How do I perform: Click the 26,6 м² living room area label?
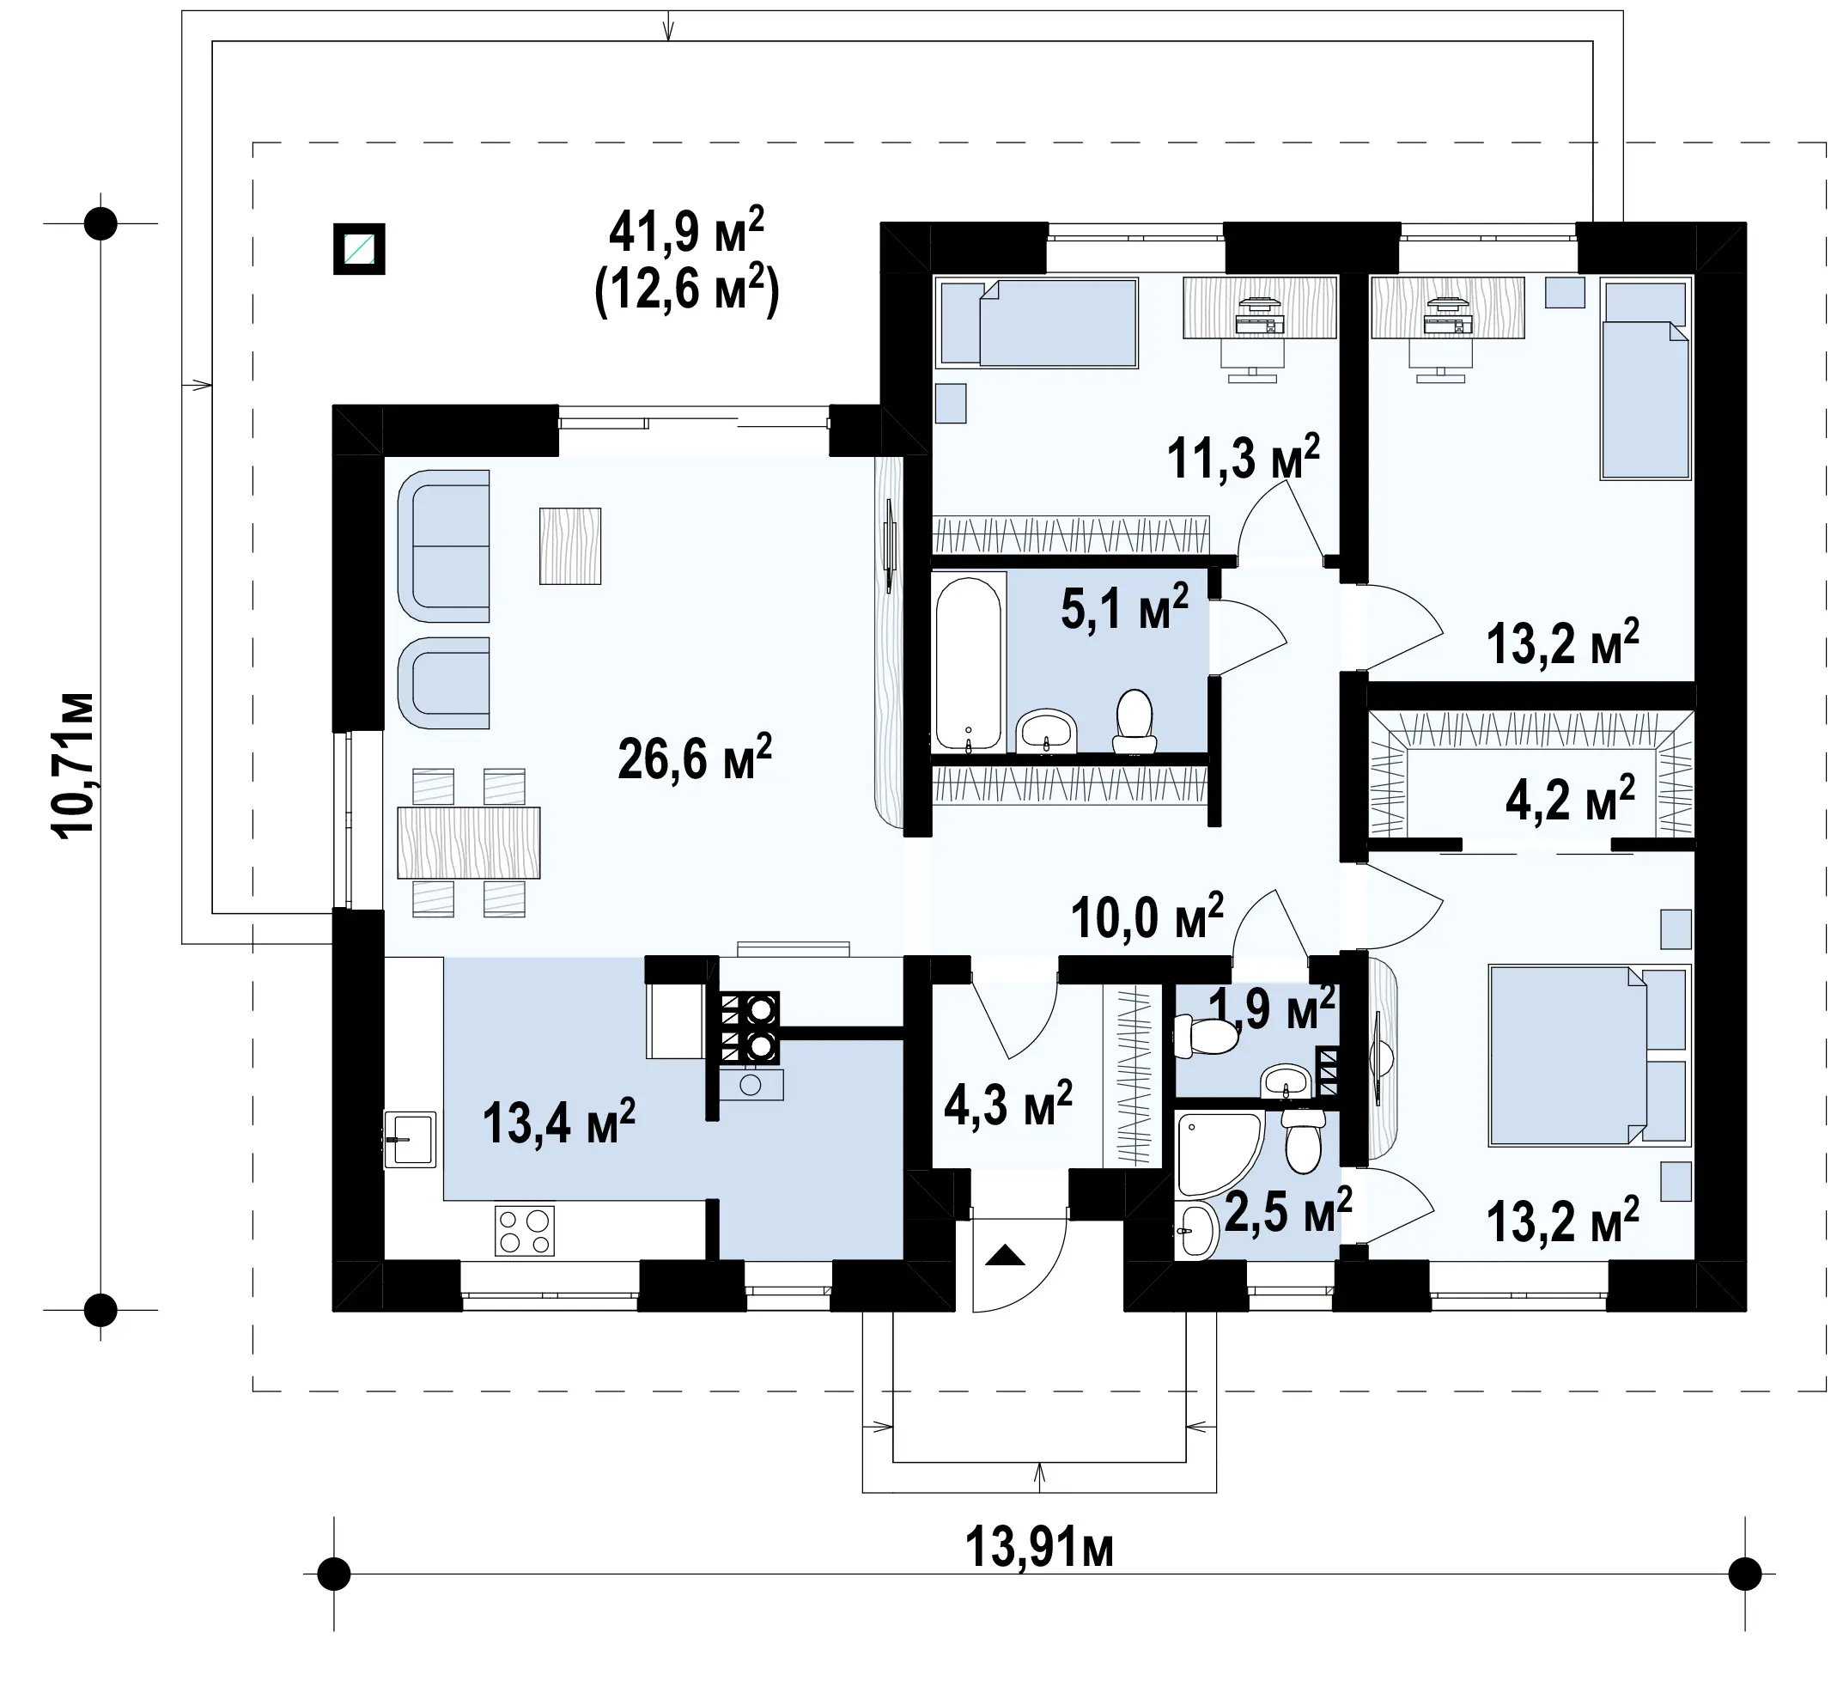click(695, 757)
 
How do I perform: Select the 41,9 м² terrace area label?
click(686, 232)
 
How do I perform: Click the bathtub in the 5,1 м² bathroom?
click(969, 662)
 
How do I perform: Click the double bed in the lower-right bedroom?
click(1589, 1056)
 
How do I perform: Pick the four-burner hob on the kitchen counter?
click(525, 1231)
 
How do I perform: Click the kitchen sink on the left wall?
click(410, 1138)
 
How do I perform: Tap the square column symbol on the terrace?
click(359, 248)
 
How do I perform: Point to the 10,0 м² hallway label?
click(1147, 917)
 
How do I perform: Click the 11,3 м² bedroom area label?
click(1244, 457)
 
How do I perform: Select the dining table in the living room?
click(468, 843)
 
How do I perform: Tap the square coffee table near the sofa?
click(570, 546)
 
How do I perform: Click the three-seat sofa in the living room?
click(443, 546)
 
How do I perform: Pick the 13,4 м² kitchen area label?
click(558, 1121)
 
